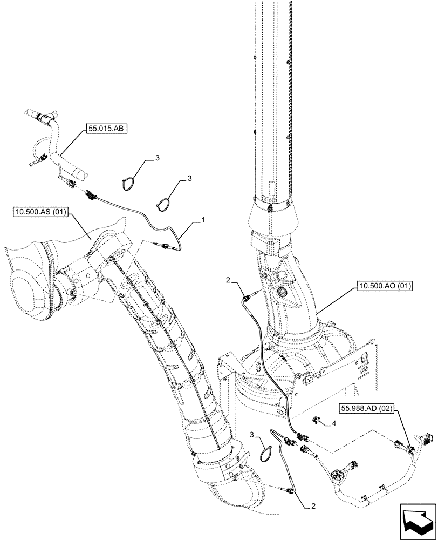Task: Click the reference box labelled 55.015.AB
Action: (x=106, y=130)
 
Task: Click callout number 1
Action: (x=203, y=220)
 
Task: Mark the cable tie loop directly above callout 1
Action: (x=164, y=204)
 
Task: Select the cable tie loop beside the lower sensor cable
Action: (x=266, y=454)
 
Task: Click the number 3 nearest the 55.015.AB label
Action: (x=157, y=158)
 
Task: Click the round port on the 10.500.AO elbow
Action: (x=282, y=293)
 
